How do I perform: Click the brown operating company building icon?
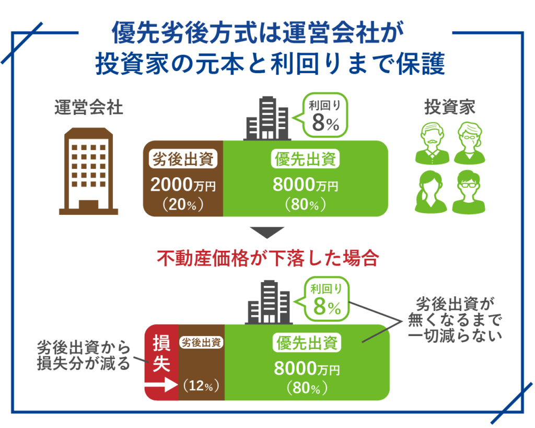[88, 171]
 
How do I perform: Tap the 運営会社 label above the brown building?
[89, 108]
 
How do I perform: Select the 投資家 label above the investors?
[450, 107]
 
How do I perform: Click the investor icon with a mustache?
[432, 144]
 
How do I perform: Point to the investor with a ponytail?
[431, 192]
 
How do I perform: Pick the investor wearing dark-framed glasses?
[469, 192]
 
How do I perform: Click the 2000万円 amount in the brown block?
[183, 184]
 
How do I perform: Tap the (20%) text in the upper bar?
[183, 204]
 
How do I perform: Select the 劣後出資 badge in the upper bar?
[183, 159]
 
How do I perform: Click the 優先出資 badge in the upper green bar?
[305, 159]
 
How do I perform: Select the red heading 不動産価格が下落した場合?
[268, 258]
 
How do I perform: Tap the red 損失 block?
[161, 362]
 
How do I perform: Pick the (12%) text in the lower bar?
[201, 386]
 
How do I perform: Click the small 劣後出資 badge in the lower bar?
[201, 342]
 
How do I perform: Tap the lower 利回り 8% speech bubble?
[324, 299]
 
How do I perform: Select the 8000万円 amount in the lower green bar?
[307, 368]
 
